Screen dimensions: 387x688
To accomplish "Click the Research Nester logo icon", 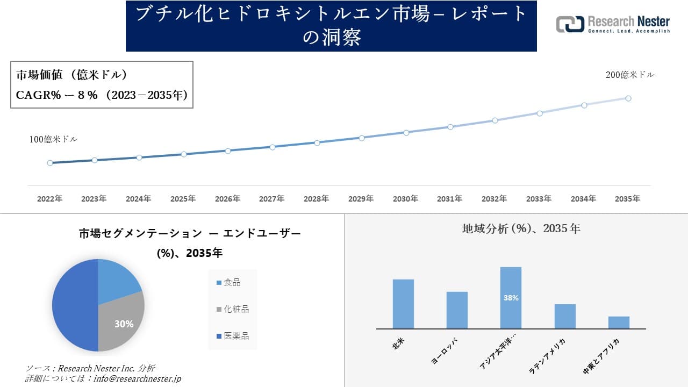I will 570,24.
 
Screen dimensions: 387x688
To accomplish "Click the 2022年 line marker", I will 50,163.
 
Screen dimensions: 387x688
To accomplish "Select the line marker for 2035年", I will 628,98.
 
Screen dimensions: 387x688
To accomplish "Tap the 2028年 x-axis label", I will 316,199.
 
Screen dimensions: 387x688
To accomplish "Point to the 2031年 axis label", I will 449,199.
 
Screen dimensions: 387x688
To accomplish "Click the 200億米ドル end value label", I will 629,75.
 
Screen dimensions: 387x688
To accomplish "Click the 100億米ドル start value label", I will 53,139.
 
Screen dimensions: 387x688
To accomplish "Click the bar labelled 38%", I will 511,298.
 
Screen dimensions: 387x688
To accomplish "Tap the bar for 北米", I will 403,304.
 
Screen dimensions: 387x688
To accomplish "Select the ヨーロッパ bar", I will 457,310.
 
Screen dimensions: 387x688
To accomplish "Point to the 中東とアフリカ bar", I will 619,322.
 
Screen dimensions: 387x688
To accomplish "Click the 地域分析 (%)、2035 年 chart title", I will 521,228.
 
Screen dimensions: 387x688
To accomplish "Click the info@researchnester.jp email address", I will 137,378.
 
